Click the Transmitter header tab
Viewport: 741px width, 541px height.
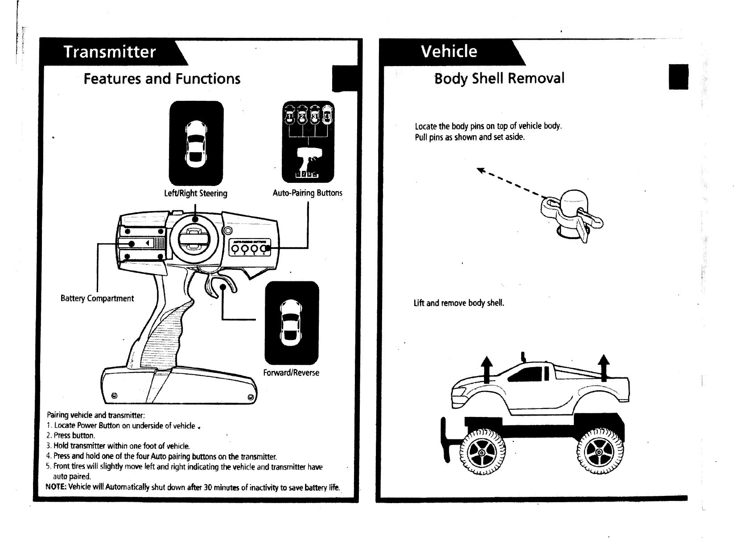point(110,52)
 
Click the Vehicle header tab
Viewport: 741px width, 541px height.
point(449,51)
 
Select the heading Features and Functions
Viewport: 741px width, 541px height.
point(162,79)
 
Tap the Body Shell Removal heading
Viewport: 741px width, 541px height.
point(499,78)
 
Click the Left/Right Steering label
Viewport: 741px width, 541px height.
point(195,193)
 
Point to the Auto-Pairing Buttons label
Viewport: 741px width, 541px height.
point(307,193)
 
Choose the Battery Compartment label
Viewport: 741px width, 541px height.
point(97,298)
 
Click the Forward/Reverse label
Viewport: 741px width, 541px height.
point(291,372)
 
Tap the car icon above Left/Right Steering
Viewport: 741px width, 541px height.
point(196,143)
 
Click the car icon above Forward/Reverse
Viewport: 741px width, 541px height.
point(292,323)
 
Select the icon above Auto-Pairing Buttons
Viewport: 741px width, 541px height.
point(308,142)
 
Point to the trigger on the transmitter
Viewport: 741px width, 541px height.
point(221,287)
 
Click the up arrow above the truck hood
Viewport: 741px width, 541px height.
point(487,369)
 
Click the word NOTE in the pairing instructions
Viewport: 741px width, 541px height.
point(56,487)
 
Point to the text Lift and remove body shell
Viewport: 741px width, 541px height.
point(459,303)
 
